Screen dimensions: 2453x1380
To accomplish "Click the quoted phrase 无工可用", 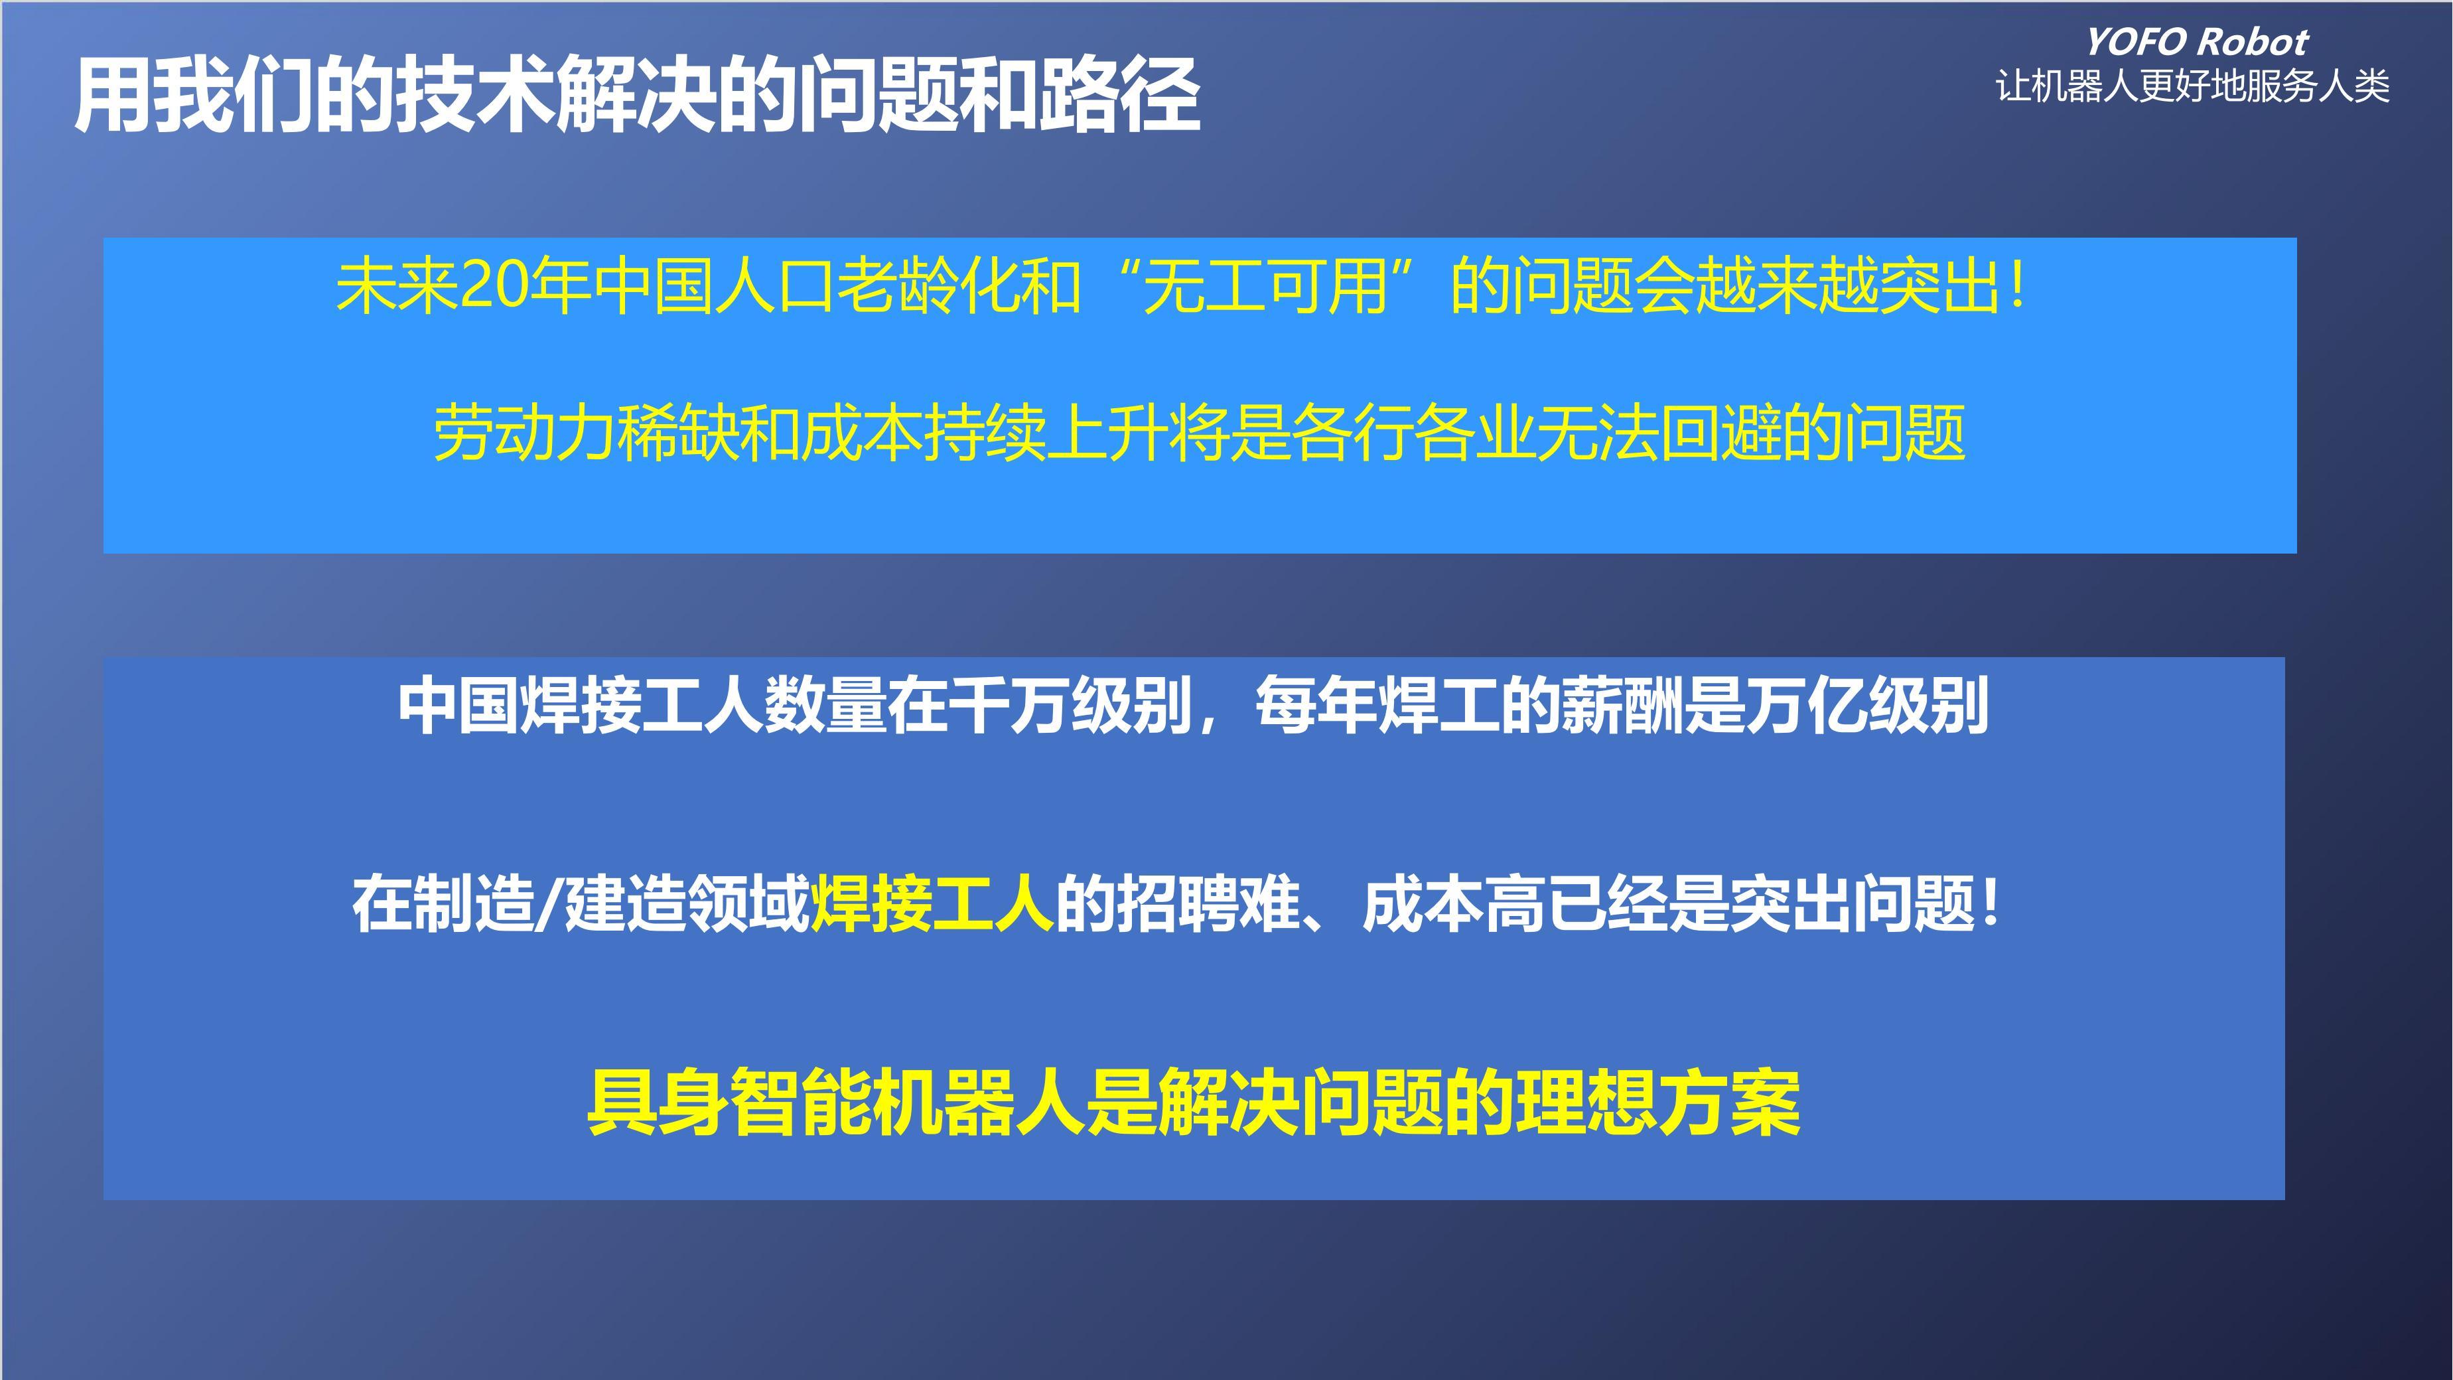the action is [x=1265, y=285].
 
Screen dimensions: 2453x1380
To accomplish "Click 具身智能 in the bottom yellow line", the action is [x=729, y=1103].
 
